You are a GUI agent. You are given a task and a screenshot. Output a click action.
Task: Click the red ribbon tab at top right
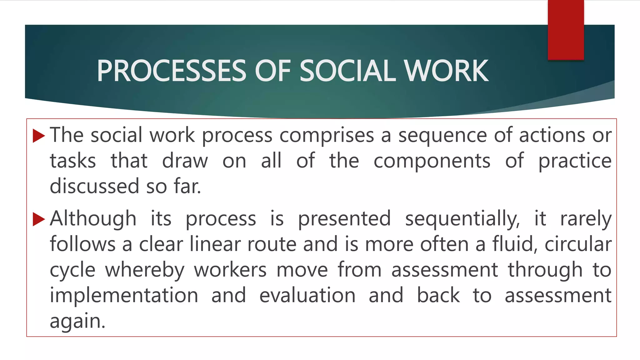(566, 30)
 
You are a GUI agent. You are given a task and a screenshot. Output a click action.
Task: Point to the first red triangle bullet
(39, 136)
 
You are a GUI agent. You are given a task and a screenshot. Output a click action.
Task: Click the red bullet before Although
(39, 219)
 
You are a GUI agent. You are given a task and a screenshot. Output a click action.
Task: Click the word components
(432, 161)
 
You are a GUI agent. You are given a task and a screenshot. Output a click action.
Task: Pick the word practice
(575, 161)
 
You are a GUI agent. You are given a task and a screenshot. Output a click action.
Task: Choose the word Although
(93, 218)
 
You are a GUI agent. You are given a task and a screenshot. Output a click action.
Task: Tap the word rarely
(586, 218)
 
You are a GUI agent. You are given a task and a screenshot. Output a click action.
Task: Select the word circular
(578, 244)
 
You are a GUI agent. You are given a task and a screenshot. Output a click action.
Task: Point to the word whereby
(145, 270)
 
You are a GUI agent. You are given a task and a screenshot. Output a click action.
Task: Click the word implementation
(124, 295)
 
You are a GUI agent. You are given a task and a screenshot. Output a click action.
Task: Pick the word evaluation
(307, 295)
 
